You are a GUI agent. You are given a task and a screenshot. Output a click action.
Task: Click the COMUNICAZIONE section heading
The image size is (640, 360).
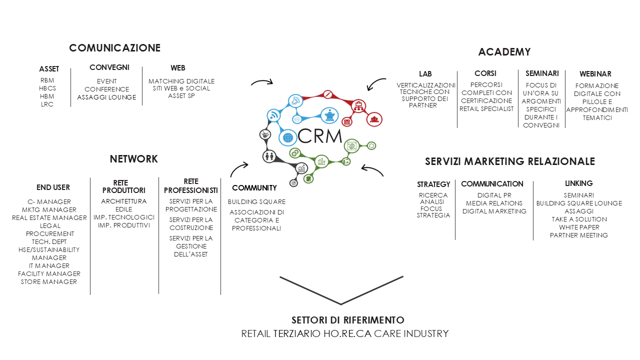tap(115, 48)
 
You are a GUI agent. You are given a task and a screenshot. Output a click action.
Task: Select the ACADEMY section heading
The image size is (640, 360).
tap(504, 52)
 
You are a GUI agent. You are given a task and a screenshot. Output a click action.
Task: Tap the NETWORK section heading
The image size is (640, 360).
tap(133, 159)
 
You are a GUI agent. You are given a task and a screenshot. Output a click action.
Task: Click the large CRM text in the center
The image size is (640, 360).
tap(319, 136)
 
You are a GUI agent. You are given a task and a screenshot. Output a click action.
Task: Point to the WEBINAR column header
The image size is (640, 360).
tap(595, 74)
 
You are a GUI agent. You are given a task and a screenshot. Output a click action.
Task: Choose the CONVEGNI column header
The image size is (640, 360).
tap(109, 67)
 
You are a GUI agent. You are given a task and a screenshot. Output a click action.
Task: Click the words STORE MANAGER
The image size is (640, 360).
tap(49, 282)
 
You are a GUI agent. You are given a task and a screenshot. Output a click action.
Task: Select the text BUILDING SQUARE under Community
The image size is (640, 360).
tap(256, 202)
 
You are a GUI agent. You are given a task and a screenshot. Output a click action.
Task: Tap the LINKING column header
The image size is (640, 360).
tap(579, 183)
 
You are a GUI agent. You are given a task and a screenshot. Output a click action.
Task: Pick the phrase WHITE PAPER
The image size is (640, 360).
tap(579, 227)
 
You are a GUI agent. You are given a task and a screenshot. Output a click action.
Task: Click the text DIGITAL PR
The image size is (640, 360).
tap(494, 195)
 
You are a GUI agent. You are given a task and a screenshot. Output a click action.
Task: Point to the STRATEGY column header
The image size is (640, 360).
tap(433, 184)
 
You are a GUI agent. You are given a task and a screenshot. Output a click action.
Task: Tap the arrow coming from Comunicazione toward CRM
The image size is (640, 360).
tap(262, 82)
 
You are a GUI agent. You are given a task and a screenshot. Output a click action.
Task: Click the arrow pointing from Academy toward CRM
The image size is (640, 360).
tap(376, 83)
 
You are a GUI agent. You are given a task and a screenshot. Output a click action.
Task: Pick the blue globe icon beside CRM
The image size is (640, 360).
tap(287, 137)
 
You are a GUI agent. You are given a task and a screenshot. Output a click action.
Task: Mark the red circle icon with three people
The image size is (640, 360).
tap(374, 119)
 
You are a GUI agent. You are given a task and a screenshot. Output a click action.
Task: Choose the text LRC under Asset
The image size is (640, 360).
tap(47, 104)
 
